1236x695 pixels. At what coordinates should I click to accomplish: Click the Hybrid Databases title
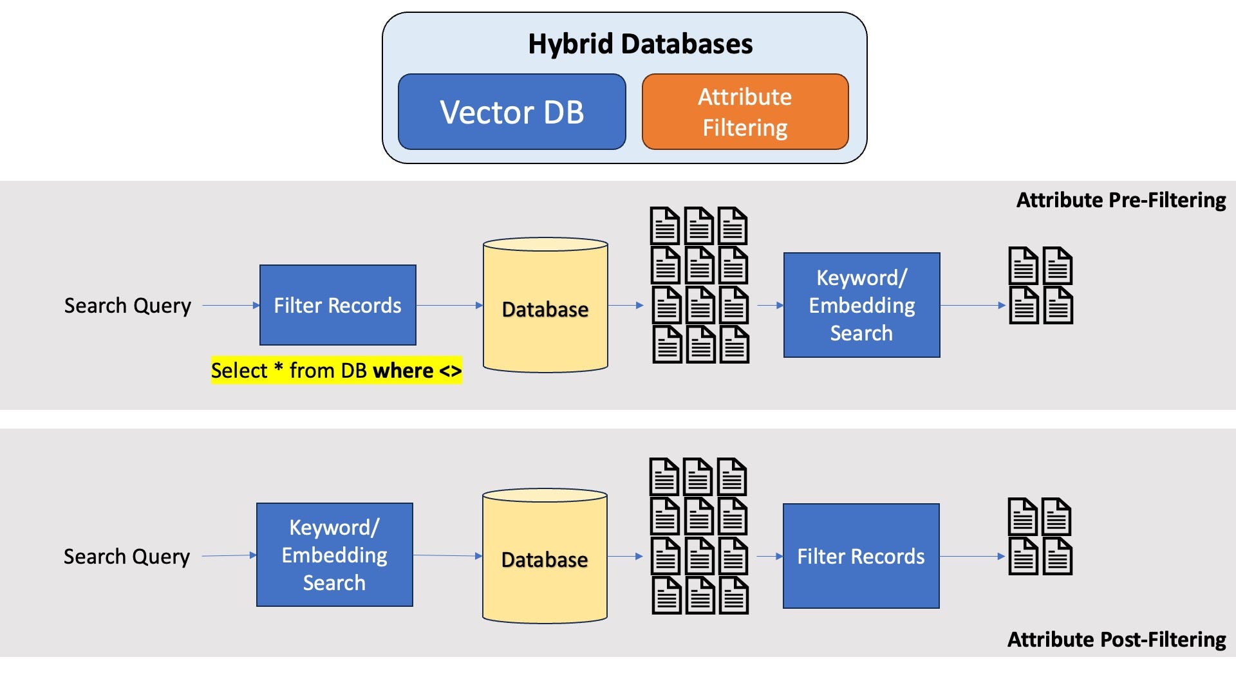[x=640, y=44]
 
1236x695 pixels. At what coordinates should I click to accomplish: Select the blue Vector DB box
[x=512, y=112]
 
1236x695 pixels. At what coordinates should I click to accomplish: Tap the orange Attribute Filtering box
[x=745, y=112]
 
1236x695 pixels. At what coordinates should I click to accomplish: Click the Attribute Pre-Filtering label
[x=1121, y=200]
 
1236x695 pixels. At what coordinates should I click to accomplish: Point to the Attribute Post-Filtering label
[x=1116, y=640]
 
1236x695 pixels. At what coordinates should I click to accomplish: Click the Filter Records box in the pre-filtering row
[x=337, y=305]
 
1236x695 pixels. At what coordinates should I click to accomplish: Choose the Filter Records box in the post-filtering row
[x=861, y=556]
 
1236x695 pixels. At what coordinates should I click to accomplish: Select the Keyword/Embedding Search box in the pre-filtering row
[x=861, y=305]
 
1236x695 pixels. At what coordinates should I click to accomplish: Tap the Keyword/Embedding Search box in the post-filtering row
[x=334, y=555]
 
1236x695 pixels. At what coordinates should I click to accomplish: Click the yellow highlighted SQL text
[x=336, y=371]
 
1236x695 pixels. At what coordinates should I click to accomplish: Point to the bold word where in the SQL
[x=403, y=371]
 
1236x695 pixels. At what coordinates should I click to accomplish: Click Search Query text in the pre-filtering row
[x=127, y=306]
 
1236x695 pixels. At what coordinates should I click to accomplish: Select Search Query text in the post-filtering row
[x=127, y=557]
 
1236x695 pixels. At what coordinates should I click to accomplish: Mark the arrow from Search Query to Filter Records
[x=230, y=305]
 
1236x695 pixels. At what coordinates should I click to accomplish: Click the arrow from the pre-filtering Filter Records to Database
[x=449, y=305]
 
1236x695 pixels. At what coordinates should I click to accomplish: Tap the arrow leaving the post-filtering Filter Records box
[x=972, y=556]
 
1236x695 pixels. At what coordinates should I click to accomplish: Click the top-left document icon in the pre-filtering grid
[x=665, y=226]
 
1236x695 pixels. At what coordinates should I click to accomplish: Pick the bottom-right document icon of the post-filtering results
[x=1057, y=556]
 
